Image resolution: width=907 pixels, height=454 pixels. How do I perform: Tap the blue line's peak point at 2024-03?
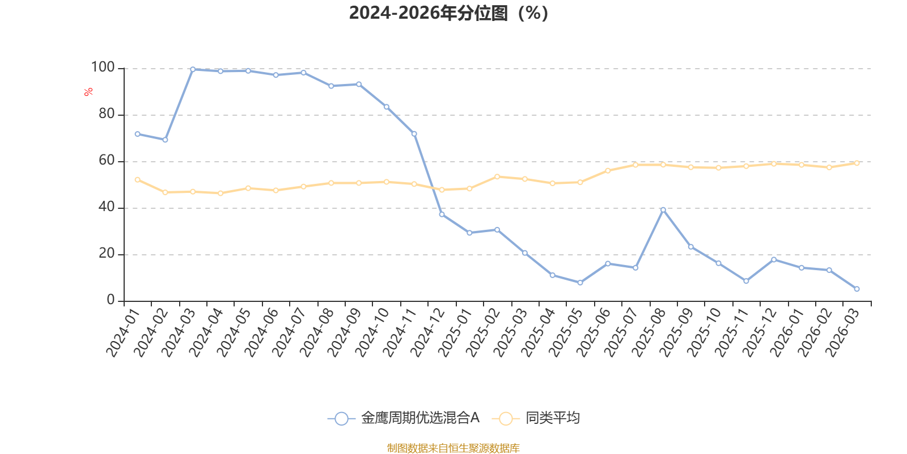pos(193,69)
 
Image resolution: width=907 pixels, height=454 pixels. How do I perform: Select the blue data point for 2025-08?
pos(663,210)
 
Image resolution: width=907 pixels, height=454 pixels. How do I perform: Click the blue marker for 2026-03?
pos(857,289)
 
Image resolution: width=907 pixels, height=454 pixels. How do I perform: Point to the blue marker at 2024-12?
pos(442,215)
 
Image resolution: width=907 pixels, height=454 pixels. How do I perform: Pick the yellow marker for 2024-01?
pos(138,179)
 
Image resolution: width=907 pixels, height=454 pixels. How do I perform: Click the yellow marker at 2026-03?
pos(857,163)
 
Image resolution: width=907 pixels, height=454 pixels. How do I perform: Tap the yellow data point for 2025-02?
pos(497,176)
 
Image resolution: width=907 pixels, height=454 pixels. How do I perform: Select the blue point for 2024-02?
pos(165,140)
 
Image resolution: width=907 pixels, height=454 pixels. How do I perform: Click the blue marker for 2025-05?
pos(580,283)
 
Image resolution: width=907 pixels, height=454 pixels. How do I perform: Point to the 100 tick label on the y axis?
pos(103,68)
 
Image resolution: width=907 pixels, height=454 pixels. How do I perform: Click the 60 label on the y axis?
pos(107,161)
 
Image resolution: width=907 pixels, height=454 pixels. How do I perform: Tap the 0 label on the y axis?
pos(111,300)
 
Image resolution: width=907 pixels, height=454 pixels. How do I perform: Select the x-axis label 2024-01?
pos(122,333)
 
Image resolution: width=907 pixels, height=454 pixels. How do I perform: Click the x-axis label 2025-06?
pos(593,333)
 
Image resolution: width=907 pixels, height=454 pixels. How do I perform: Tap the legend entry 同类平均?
pos(536,418)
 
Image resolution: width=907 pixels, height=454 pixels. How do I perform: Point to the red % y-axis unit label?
pos(88,92)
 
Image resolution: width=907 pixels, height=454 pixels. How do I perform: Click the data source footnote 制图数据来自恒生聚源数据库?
pos(453,448)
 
